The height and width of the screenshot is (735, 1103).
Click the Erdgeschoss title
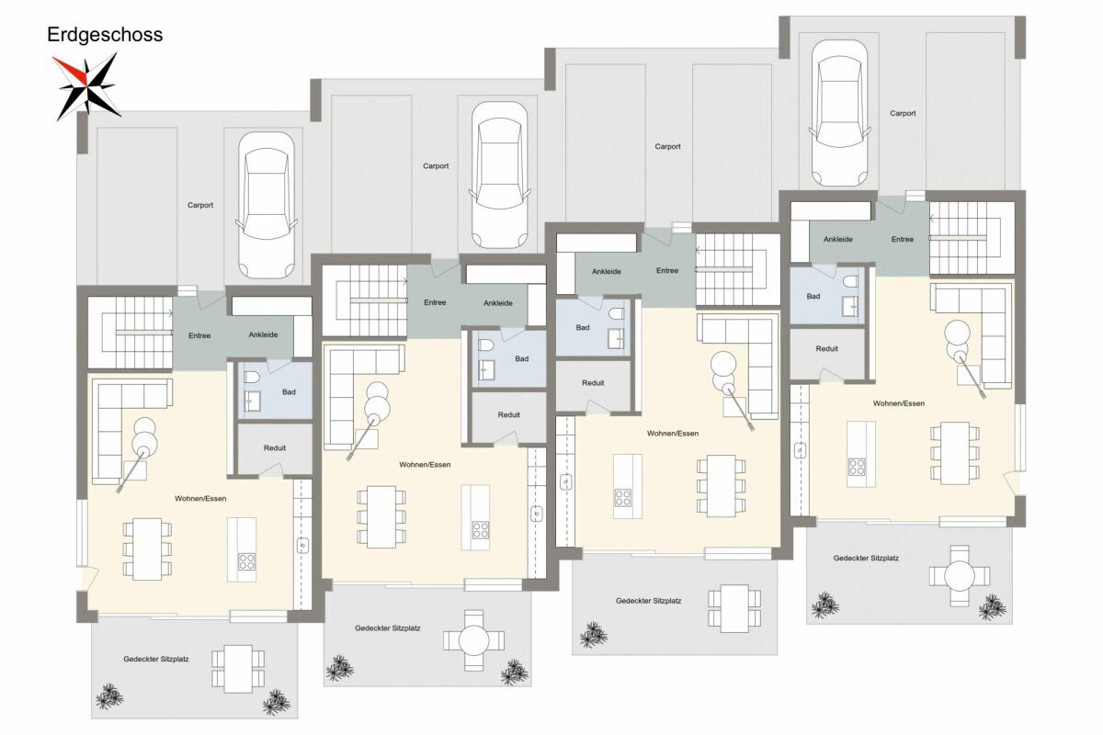[105, 35]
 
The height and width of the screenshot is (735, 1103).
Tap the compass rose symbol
[86, 86]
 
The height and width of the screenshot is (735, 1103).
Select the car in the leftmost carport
[267, 205]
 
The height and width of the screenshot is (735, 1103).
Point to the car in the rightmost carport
[839, 113]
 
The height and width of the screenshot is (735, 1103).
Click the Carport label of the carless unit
[667, 146]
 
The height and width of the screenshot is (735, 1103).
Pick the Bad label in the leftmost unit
[289, 392]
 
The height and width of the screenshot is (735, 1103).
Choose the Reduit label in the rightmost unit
[826, 348]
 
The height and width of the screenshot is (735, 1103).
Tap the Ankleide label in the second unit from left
[498, 303]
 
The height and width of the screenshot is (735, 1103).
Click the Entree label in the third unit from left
[667, 270]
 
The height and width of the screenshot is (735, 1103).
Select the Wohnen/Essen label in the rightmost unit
[899, 403]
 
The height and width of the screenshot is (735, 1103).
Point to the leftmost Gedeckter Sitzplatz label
[156, 659]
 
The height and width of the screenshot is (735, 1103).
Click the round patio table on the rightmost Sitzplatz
[958, 575]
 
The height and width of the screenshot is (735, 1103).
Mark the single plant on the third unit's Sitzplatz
[594, 635]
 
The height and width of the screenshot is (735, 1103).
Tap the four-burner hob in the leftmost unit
[246, 561]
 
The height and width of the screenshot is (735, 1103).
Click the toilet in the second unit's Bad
[485, 345]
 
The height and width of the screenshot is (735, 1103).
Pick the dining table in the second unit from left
[381, 517]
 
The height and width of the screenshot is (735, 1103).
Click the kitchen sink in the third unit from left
[566, 482]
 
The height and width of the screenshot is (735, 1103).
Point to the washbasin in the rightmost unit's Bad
[849, 306]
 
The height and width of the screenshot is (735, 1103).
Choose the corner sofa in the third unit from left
[746, 362]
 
